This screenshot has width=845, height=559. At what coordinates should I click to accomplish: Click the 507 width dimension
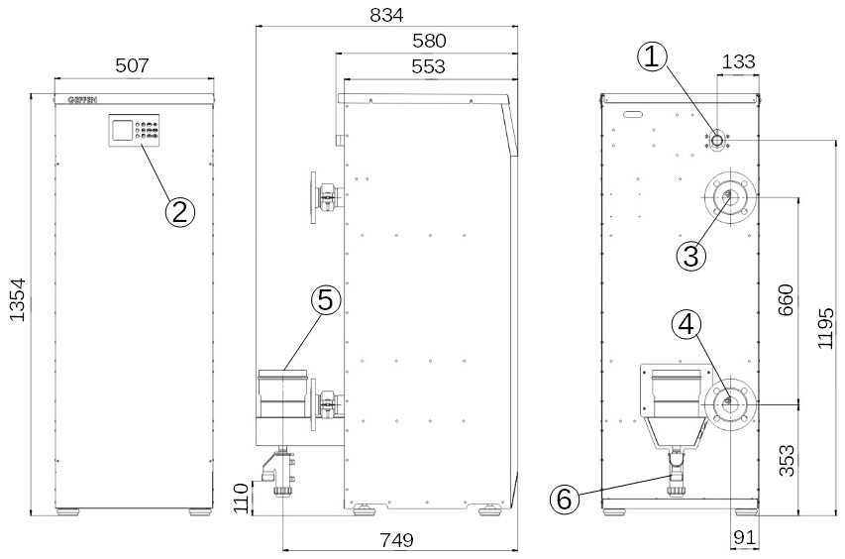(x=132, y=65)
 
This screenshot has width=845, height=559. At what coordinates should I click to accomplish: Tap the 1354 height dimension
(x=18, y=299)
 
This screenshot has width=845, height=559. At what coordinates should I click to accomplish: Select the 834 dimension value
(x=386, y=15)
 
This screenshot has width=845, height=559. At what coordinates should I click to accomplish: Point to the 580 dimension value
(x=429, y=41)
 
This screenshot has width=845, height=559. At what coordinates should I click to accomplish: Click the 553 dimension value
(x=428, y=66)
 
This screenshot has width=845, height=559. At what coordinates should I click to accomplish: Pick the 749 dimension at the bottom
(x=396, y=539)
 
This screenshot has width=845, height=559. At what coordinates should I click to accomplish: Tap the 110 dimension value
(x=242, y=499)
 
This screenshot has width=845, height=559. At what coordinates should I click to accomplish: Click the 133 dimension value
(x=738, y=61)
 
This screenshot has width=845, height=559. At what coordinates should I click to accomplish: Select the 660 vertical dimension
(x=786, y=299)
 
